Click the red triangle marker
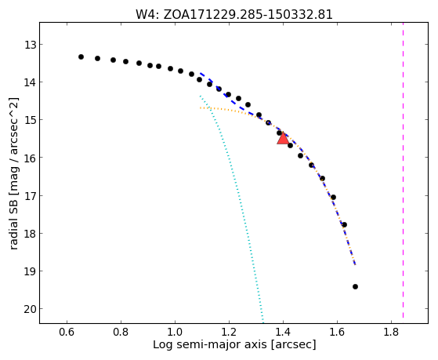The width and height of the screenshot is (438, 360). point(283,139)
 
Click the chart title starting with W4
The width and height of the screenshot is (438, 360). point(234,15)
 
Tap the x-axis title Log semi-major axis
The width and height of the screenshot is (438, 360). point(234,345)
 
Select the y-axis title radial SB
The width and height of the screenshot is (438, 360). point(14,173)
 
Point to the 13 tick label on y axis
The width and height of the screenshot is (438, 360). point(30,45)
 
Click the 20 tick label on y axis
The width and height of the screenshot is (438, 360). point(30,309)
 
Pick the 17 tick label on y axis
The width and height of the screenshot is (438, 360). point(30,195)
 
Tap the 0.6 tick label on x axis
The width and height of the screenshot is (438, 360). point(67,332)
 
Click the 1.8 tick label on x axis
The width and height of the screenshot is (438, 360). point(391,332)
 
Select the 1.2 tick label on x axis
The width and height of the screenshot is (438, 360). point(229,332)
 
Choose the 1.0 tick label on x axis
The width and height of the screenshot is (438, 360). point(175,332)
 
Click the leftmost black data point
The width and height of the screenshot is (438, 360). point(81,56)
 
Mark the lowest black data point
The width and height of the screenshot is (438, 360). point(355,286)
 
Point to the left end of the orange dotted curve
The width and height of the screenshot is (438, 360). point(201,107)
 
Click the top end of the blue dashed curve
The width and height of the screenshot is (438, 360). point(201,73)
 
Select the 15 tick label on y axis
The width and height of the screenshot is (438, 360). point(30,120)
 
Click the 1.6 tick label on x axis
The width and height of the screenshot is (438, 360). point(337,332)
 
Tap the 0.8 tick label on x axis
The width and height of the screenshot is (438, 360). point(121,332)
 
